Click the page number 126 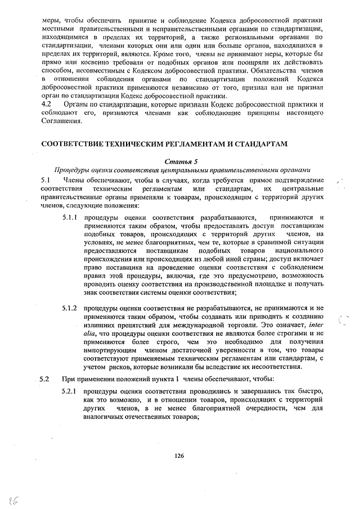179,456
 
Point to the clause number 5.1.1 70,217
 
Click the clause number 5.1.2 70,309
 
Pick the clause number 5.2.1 70,390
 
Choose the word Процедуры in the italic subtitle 71,170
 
